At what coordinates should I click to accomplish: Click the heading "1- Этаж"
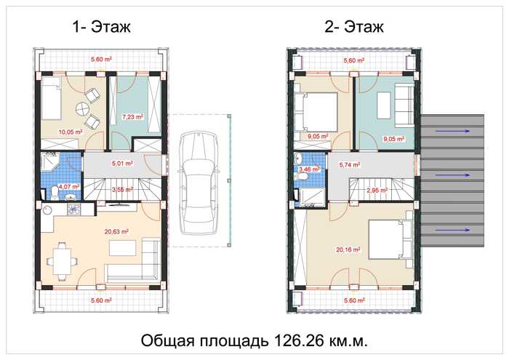101,27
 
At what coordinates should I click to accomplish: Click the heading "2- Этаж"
354,27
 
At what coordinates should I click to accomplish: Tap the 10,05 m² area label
70,132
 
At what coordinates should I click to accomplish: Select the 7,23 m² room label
133,117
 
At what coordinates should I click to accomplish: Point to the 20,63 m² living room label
116,232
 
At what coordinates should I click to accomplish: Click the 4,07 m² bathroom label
69,187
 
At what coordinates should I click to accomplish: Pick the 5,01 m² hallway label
122,164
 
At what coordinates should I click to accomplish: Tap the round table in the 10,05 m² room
82,109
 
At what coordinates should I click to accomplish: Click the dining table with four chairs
62,260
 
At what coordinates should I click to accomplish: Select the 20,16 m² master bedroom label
348,250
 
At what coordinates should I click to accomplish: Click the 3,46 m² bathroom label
309,169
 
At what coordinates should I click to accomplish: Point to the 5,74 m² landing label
350,165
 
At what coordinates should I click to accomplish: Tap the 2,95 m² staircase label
377,191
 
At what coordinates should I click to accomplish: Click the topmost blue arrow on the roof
452,131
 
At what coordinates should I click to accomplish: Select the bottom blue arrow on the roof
452,230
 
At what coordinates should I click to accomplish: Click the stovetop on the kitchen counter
74,209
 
